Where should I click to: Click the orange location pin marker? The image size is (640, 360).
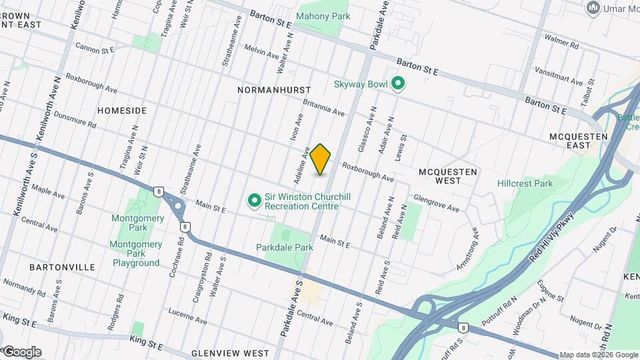pyautogui.click(x=321, y=159)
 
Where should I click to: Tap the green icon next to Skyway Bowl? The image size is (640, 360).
pyautogui.click(x=398, y=84)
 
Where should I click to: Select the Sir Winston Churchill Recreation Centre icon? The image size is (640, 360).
pyautogui.click(x=254, y=200)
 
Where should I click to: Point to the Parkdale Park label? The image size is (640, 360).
pyautogui.click(x=285, y=247)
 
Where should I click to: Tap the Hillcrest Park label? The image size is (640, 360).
pyautogui.click(x=525, y=183)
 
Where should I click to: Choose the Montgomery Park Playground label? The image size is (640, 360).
pyautogui.click(x=136, y=253)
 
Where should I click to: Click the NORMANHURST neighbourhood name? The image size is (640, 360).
pyautogui.click(x=269, y=89)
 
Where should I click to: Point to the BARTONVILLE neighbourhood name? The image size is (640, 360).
pyautogui.click(x=62, y=267)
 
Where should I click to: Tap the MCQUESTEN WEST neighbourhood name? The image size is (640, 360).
pyautogui.click(x=448, y=176)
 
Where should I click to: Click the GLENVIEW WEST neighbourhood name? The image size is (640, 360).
pyautogui.click(x=230, y=353)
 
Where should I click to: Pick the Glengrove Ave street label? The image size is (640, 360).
pyautogui.click(x=437, y=203)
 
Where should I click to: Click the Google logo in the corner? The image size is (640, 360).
pyautogui.click(x=21, y=352)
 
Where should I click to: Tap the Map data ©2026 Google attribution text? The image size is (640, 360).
pyautogui.click(x=599, y=355)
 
